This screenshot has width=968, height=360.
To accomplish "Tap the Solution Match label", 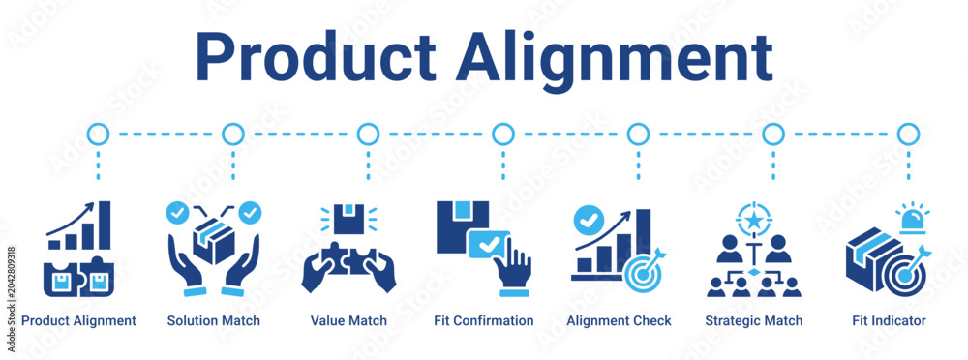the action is [x=214, y=321].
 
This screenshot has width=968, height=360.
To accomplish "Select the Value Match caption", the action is [x=348, y=321].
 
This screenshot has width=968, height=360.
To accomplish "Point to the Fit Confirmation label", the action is [x=485, y=321].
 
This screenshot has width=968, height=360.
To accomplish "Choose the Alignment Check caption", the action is [x=620, y=321].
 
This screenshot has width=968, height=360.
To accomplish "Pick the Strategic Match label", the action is [x=754, y=321].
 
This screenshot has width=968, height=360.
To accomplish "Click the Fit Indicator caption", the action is [x=889, y=321].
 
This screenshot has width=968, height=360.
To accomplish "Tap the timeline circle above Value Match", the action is [x=368, y=134].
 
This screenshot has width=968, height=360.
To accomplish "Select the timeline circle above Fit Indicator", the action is [x=908, y=134].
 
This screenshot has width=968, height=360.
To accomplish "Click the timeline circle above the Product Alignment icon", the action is [x=98, y=134].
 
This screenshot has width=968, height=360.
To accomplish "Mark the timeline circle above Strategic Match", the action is [x=772, y=134].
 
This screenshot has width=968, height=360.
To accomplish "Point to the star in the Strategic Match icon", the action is [x=752, y=219].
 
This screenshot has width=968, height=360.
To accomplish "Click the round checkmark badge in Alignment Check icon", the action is [x=587, y=220].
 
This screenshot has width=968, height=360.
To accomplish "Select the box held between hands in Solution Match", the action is [x=214, y=241].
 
